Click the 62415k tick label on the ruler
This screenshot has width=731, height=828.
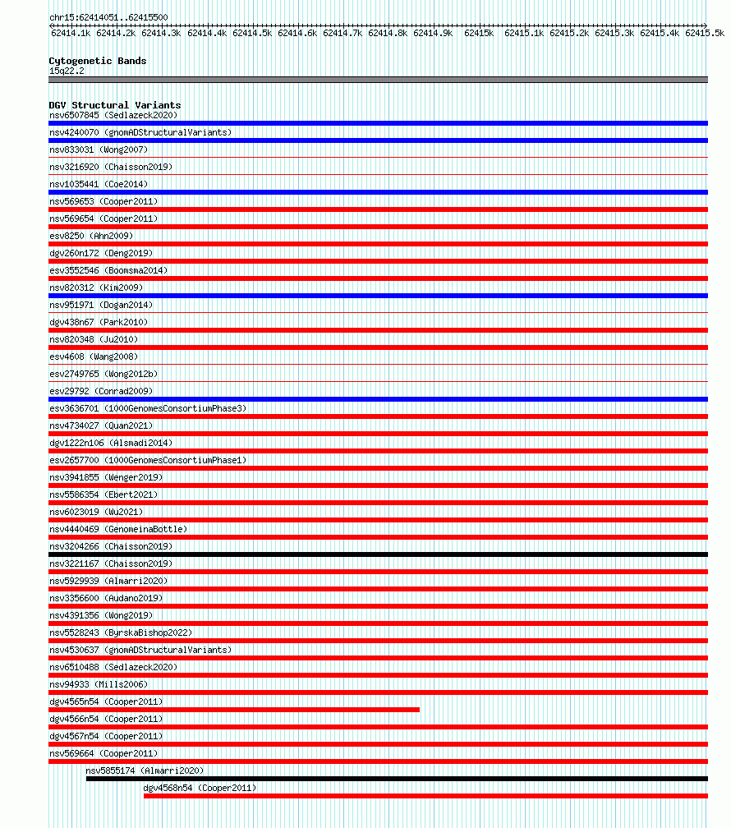click(479, 33)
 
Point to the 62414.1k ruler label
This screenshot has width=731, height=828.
click(71, 33)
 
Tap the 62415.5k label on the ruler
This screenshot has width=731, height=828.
click(705, 33)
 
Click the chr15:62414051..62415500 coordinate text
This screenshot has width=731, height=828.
click(108, 17)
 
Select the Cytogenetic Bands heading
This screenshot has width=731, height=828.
click(98, 61)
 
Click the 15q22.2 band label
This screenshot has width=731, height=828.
click(67, 71)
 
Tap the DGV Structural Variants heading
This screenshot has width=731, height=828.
click(115, 105)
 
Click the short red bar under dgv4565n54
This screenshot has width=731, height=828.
click(234, 710)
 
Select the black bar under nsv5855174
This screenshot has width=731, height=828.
click(397, 779)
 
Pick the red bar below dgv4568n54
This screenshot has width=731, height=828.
click(425, 796)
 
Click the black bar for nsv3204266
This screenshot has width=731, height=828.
click(378, 554)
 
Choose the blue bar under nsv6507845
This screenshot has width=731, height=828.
click(378, 123)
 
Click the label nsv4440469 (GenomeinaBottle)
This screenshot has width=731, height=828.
click(118, 529)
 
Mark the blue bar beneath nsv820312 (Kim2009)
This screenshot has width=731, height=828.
click(378, 296)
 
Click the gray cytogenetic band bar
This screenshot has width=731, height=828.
click(378, 80)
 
